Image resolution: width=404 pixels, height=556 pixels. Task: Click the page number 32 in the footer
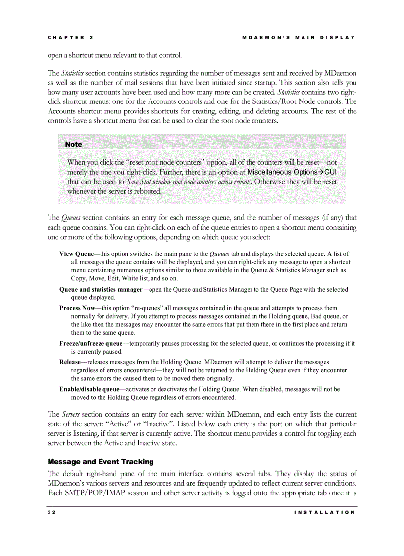(x=51, y=512)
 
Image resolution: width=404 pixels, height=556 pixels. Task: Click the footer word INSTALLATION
(x=324, y=512)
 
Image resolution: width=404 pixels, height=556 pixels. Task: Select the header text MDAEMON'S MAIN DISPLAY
(x=299, y=38)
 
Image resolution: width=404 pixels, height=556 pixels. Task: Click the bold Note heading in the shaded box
(x=74, y=144)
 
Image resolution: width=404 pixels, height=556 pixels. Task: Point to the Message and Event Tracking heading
(x=101, y=462)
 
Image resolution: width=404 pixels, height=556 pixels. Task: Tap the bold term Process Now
(x=77, y=308)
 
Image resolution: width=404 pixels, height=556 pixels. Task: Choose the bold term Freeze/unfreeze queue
(x=91, y=343)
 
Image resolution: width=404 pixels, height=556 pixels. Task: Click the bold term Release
(x=70, y=362)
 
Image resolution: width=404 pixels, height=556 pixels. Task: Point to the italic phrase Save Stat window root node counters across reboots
(x=188, y=182)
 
